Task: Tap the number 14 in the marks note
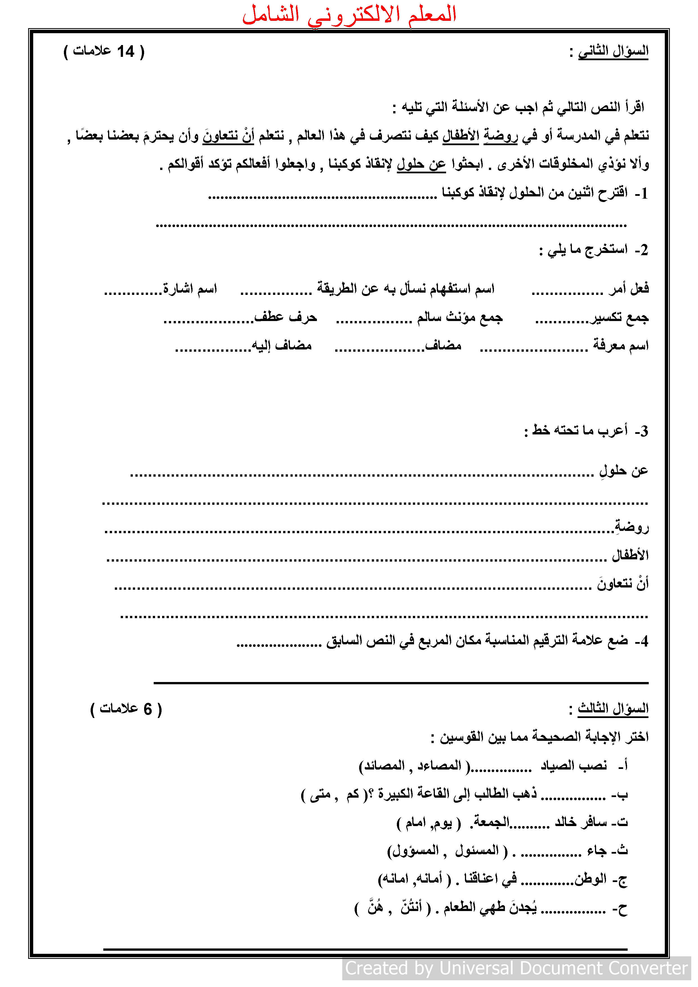(x=126, y=51)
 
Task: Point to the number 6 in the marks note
(x=147, y=709)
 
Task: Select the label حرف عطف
(x=286, y=318)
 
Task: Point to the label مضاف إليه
(x=282, y=346)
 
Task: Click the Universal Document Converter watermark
(x=516, y=968)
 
